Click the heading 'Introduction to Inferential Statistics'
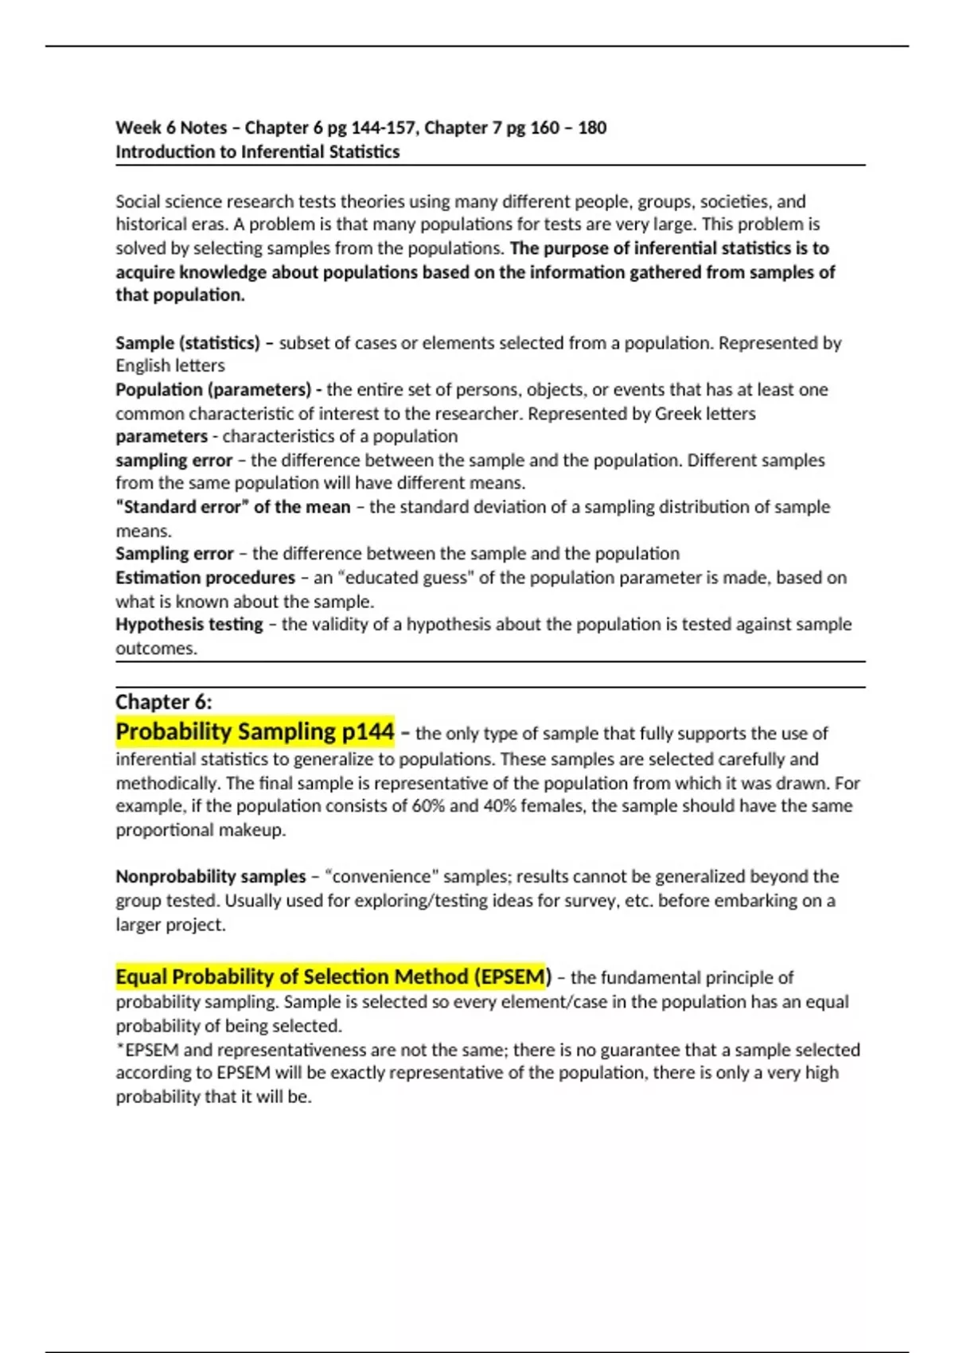tap(257, 151)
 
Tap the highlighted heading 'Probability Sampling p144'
tap(255, 731)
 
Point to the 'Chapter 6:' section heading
tap(164, 702)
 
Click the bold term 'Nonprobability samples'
tap(211, 876)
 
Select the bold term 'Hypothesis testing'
tap(189, 624)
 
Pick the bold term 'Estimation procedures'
tap(205, 577)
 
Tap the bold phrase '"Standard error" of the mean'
tap(233, 507)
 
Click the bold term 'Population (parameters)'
tap(213, 389)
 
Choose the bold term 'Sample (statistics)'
tap(188, 343)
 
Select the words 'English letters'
tap(170, 365)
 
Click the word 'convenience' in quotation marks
tap(382, 876)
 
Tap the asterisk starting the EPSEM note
tap(120, 1048)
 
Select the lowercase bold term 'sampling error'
tap(174, 460)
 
